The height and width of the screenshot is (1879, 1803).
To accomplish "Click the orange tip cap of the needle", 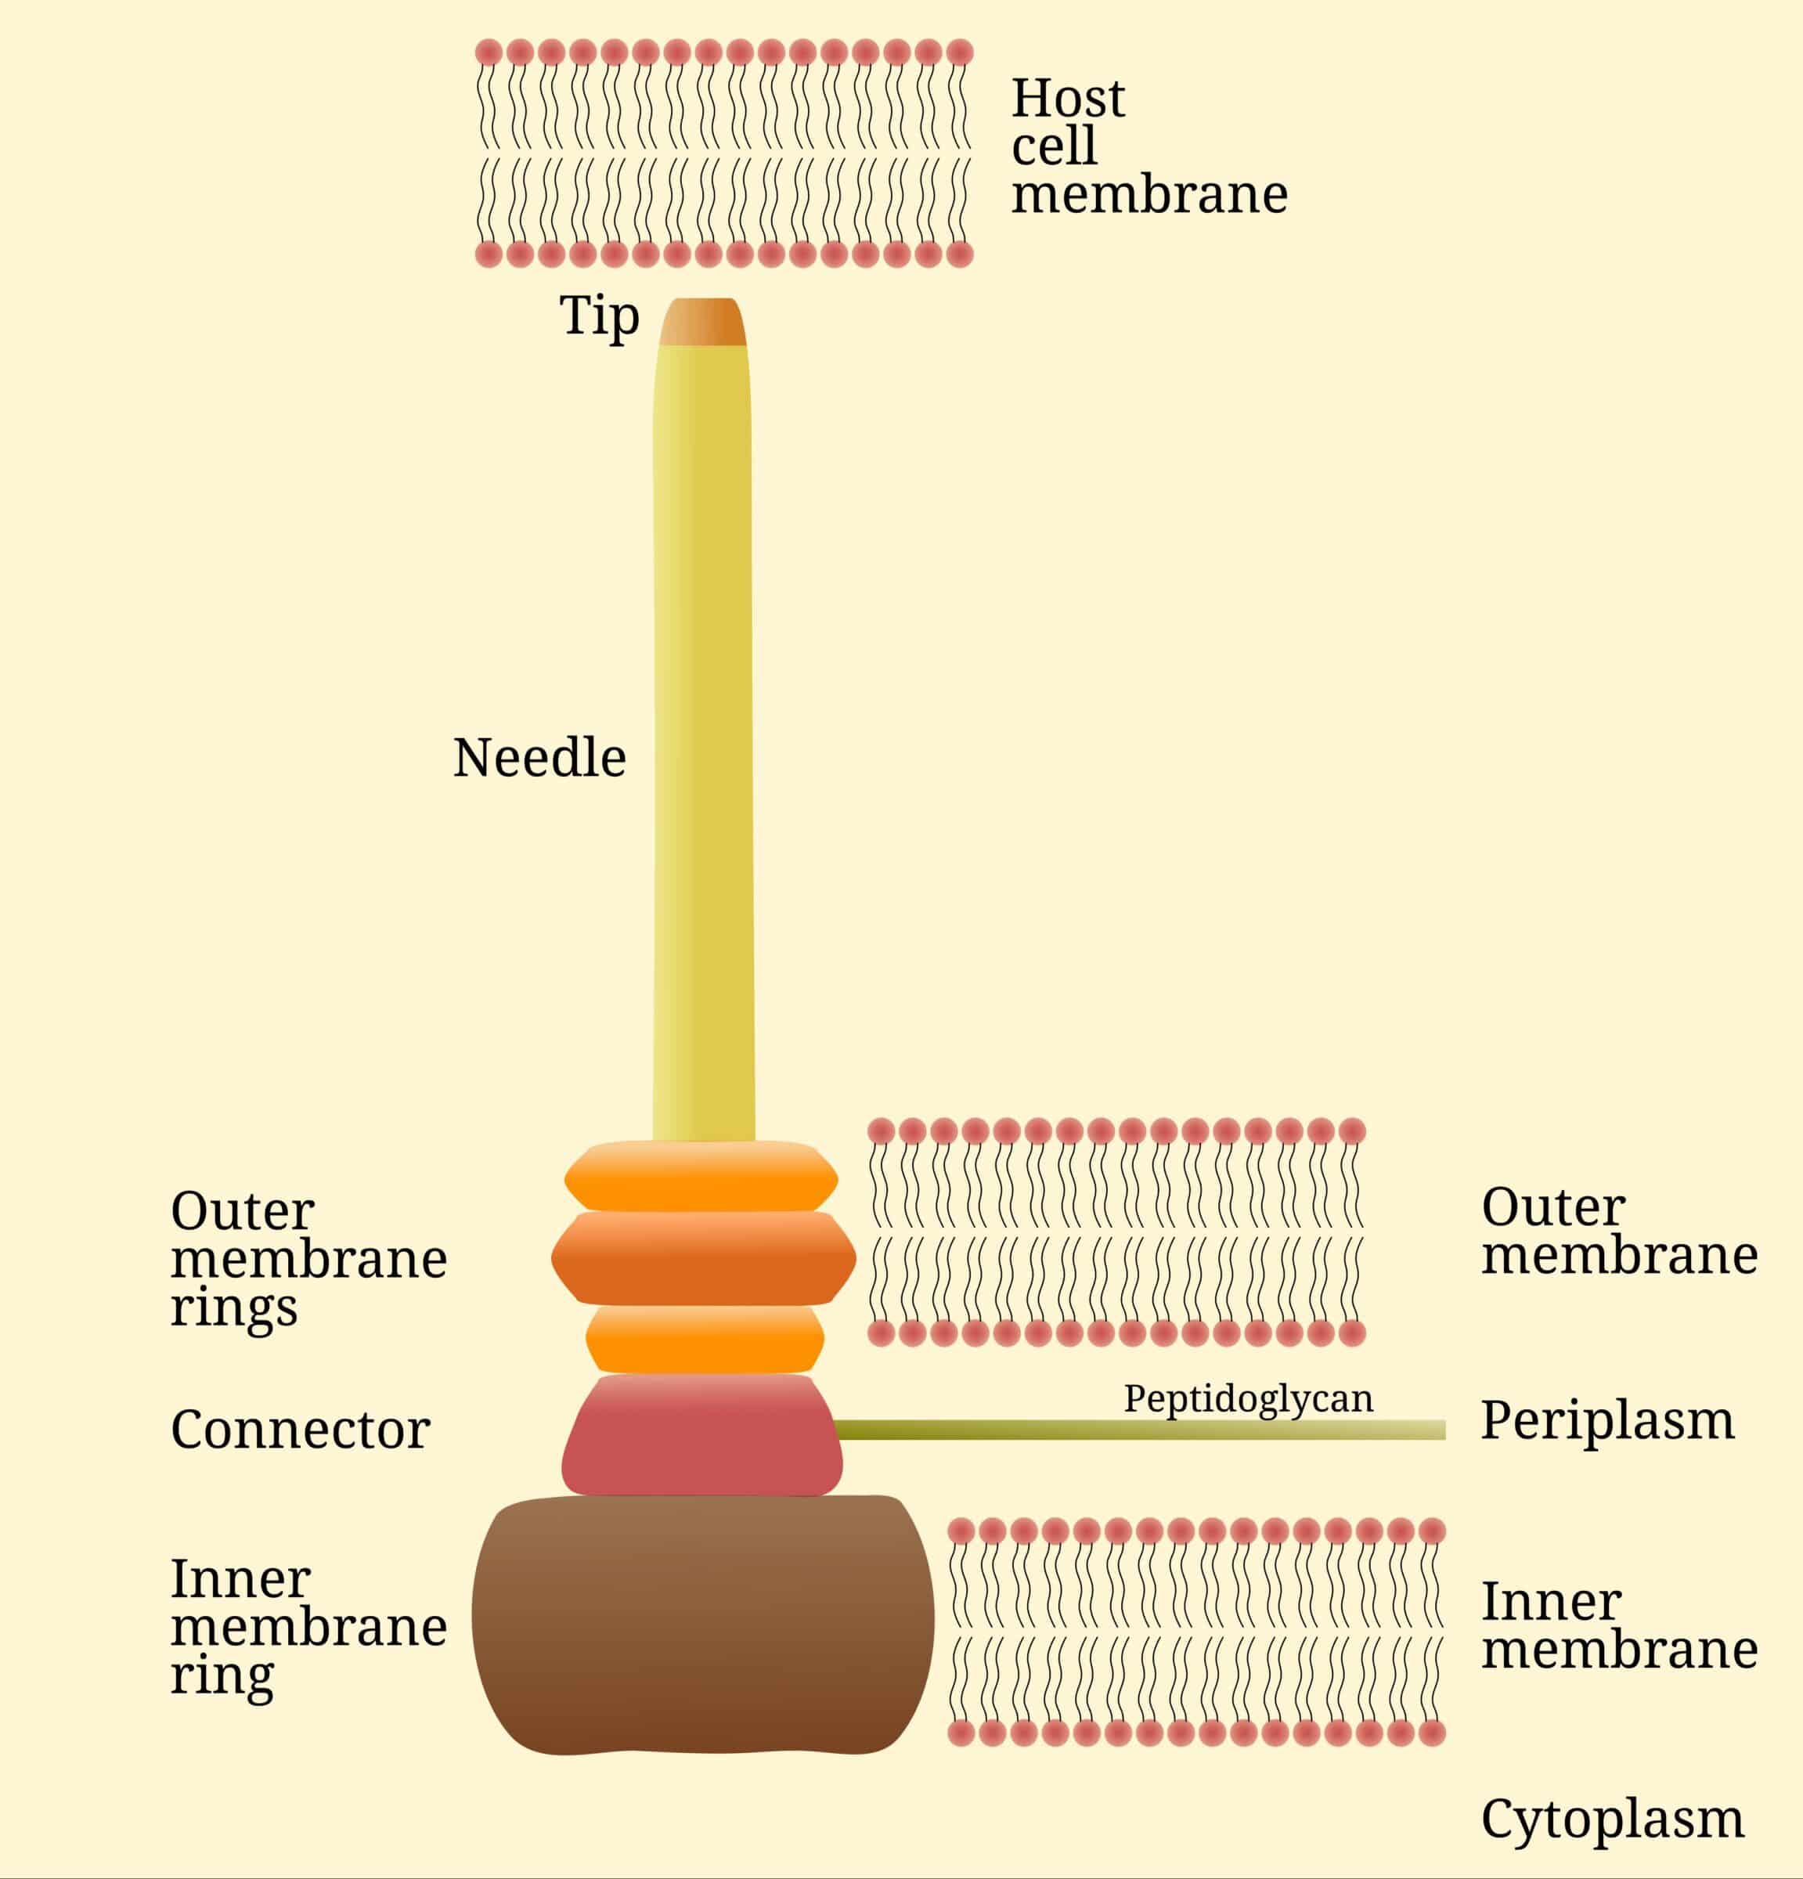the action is pos(702,322).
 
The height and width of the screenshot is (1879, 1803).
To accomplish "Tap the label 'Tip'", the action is pos(599,316).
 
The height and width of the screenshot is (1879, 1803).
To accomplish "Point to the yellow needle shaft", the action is pos(704,744).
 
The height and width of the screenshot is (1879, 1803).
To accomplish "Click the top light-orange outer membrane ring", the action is pos(701,1175).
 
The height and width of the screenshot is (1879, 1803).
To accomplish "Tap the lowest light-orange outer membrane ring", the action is pos(705,1340).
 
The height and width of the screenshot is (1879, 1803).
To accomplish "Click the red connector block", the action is pos(702,1435).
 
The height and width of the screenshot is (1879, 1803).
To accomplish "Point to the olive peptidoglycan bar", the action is pos(1140,1430).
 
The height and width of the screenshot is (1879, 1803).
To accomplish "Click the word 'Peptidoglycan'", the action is pos(1248,1400).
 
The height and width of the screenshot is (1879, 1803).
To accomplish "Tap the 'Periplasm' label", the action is pos(1607,1422).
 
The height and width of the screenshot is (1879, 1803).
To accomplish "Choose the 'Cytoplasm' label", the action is pos(1612,1819).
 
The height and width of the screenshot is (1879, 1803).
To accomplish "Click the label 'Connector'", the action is pos(300,1430).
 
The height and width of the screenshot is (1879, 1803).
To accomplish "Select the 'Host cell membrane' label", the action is pos(1149,146).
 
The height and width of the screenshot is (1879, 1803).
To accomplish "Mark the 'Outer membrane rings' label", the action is pos(308,1260).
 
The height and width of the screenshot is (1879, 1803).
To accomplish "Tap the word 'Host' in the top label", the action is pos(1068,98).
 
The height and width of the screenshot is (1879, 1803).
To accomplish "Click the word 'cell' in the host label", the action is pos(1054,146).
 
